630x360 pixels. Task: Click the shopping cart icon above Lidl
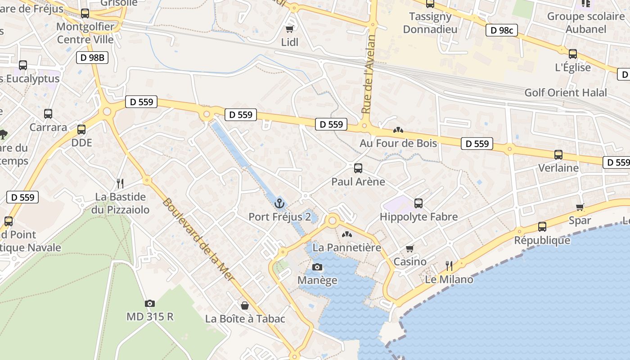point(290,29)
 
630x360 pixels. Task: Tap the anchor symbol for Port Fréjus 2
point(280,203)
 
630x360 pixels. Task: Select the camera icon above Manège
point(317,267)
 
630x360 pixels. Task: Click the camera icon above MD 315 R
point(150,303)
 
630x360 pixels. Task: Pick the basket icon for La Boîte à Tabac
point(245,306)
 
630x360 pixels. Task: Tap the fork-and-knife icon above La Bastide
point(120,183)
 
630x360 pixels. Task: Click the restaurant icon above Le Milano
point(449,265)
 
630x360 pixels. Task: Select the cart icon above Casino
point(409,248)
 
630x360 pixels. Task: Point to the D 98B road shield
point(92,58)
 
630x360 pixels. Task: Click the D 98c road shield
point(501,31)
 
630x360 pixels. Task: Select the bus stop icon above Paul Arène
point(358,168)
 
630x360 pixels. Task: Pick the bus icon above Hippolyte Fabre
point(418,203)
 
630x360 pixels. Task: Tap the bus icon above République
point(542,227)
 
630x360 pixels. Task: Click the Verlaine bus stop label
point(558,168)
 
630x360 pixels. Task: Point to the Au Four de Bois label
point(398,143)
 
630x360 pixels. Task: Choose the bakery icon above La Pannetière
point(346,234)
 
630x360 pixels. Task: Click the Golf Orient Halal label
point(566,93)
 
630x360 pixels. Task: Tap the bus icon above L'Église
point(573,54)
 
